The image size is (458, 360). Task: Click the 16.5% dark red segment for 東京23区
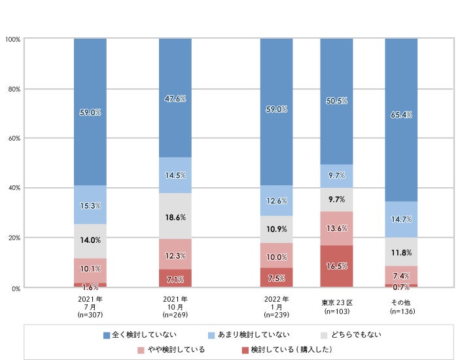click(336, 266)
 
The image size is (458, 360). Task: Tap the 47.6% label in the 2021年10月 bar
click(176, 99)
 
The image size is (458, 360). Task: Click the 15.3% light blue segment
click(90, 206)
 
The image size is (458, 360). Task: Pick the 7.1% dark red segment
click(176, 279)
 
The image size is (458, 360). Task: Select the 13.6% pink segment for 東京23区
click(336, 228)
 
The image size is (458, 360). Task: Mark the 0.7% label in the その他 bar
click(401, 285)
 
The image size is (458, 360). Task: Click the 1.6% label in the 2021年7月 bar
click(90, 285)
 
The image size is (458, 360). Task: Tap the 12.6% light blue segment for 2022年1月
click(277, 201)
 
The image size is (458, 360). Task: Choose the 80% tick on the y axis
click(14, 89)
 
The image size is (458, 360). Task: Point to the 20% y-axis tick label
click(14, 238)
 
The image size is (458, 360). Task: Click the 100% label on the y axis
click(12, 39)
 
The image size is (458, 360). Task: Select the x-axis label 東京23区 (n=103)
click(337, 307)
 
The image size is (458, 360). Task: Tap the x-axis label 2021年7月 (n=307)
click(90, 307)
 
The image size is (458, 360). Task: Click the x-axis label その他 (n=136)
click(402, 307)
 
